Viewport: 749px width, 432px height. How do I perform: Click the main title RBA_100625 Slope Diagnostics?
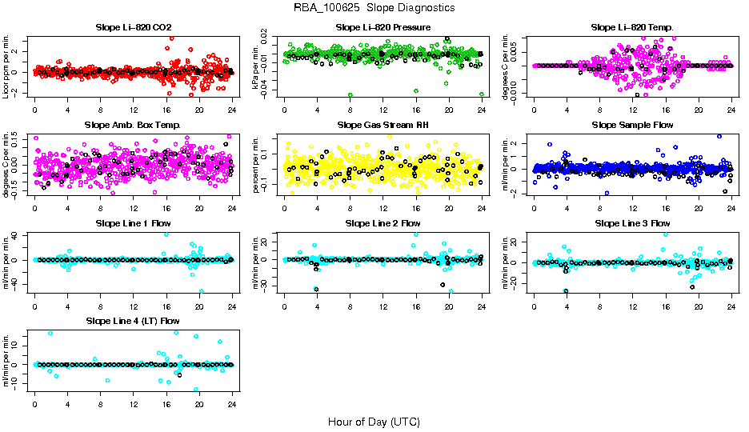click(x=374, y=7)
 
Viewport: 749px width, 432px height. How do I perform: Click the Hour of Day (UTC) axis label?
click(x=374, y=421)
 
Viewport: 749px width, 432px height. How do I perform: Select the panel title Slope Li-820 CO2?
click(x=133, y=28)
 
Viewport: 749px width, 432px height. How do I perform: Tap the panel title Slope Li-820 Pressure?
click(x=383, y=28)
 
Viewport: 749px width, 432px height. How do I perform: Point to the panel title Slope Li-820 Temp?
click(x=632, y=28)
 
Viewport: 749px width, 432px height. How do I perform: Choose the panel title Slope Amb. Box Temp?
click(x=133, y=126)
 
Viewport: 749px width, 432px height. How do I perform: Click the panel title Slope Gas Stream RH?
click(x=383, y=126)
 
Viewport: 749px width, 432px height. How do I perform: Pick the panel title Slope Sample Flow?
click(x=632, y=126)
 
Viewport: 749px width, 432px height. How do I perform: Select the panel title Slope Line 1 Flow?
click(x=133, y=223)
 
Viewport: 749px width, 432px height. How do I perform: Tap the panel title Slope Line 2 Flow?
click(x=383, y=223)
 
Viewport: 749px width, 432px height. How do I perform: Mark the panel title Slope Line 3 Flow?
click(x=632, y=223)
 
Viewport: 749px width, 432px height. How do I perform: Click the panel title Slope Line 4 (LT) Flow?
click(x=133, y=322)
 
